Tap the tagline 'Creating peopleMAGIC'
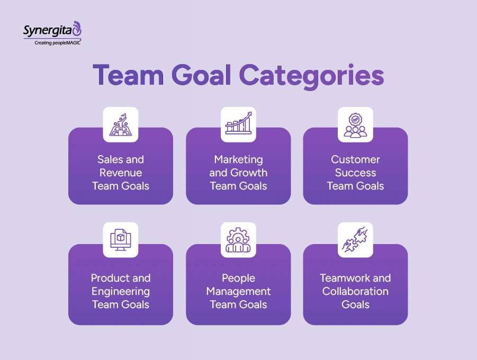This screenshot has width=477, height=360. pyautogui.click(x=57, y=42)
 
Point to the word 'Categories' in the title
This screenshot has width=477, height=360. pyautogui.click(x=312, y=76)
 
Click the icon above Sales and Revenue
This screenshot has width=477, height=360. pyautogui.click(x=121, y=124)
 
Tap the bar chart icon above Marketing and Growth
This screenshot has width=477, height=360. pyautogui.click(x=238, y=124)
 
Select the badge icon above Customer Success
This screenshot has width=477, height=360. pyautogui.click(x=355, y=124)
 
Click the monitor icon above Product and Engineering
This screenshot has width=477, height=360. pyautogui.click(x=121, y=240)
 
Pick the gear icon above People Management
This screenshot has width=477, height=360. pyautogui.click(x=238, y=240)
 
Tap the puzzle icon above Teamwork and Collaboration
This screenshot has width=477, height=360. pyautogui.click(x=355, y=240)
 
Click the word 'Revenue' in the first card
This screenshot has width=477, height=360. pyautogui.click(x=121, y=173)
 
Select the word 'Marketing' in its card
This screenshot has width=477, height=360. pyautogui.click(x=238, y=159)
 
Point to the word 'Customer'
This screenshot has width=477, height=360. pyautogui.click(x=355, y=159)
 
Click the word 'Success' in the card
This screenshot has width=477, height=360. pyautogui.click(x=355, y=173)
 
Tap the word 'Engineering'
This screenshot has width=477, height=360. pyautogui.click(x=121, y=291)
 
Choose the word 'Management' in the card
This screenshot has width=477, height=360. pyautogui.click(x=238, y=291)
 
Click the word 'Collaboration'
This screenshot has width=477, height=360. pyautogui.click(x=355, y=291)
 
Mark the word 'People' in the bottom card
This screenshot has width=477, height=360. pyautogui.click(x=238, y=278)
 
